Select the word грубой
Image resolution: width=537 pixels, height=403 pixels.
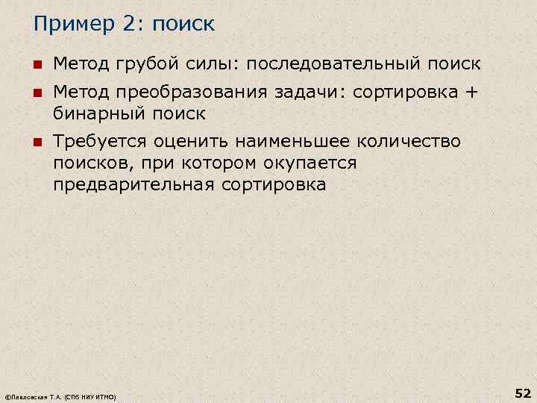146,63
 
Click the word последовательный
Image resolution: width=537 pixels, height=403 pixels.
333,63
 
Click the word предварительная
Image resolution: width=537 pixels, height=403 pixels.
134,184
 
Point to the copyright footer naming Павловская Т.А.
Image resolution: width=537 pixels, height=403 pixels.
60,397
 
